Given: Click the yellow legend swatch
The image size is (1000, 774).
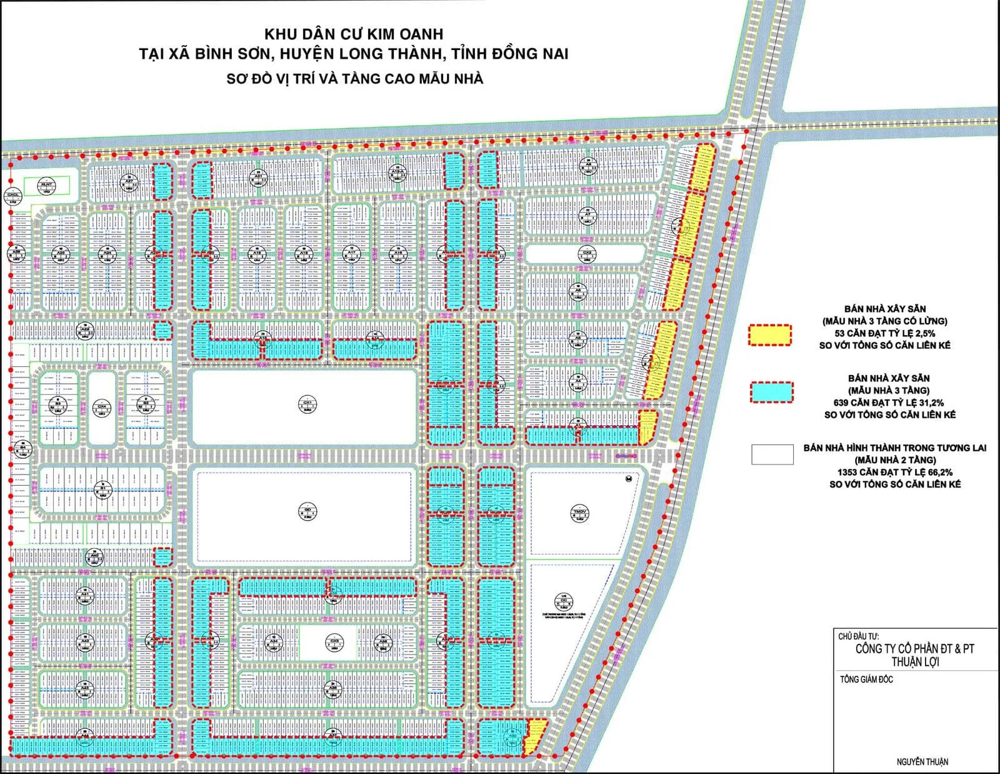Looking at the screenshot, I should (770, 335).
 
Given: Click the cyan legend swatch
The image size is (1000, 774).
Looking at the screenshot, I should (771, 392).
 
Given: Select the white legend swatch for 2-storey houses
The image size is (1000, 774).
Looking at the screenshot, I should (772, 455).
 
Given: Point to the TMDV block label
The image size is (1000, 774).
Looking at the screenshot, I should (579, 514).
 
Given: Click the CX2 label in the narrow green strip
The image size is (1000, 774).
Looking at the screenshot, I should (587, 254).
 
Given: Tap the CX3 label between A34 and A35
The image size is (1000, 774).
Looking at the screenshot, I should (334, 643).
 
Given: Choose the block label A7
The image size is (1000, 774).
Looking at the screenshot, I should (587, 215).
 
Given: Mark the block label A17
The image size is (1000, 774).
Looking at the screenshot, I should (352, 253).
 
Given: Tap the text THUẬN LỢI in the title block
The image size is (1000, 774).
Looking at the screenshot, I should (914, 662).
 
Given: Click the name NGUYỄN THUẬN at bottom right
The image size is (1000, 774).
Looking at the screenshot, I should (922, 761).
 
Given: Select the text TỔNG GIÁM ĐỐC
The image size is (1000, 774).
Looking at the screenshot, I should (866, 680).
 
